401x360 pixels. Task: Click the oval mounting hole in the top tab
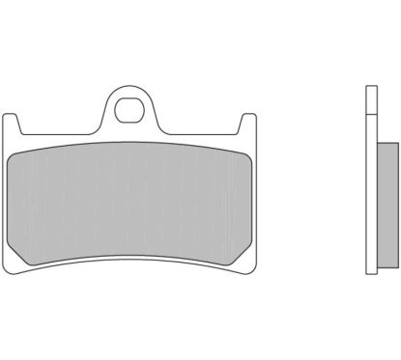point(129,108)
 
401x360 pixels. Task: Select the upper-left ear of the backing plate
point(14,125)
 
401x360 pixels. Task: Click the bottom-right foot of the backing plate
point(244,263)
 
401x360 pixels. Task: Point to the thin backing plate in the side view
point(369,183)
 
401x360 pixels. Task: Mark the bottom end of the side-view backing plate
point(369,271)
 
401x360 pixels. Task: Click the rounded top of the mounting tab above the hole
point(129,89)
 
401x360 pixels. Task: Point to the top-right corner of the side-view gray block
point(394,145)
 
